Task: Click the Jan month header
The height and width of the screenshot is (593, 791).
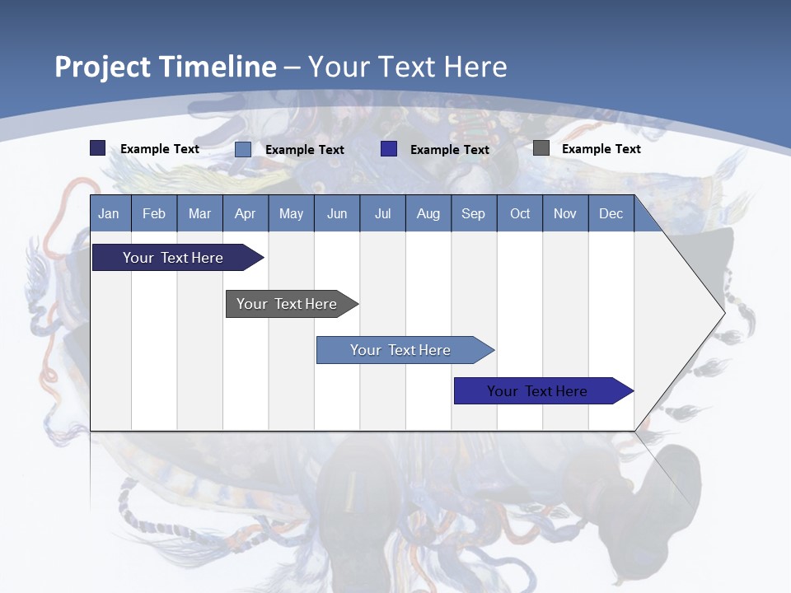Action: pos(109,213)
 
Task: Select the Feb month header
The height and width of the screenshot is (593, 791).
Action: pos(154,213)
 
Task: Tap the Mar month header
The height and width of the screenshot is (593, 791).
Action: pos(199,213)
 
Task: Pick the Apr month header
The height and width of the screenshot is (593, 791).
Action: pos(246,213)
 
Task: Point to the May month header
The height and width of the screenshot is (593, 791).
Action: pos(291,213)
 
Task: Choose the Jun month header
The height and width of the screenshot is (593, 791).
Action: pos(337,213)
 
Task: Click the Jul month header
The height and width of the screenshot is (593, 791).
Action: pos(382,213)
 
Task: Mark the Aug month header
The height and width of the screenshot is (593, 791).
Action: pos(428,213)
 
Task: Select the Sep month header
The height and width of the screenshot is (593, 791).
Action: pos(474,213)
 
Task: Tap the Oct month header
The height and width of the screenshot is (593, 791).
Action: pos(520,213)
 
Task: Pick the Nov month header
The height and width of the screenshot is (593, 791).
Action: pos(565,213)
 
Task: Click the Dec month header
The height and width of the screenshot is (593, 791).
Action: pos(611,213)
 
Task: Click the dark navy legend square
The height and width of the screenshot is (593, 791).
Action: pos(98,148)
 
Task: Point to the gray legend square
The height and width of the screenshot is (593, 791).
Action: pos(541,148)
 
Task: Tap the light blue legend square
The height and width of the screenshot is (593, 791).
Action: pos(243,149)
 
